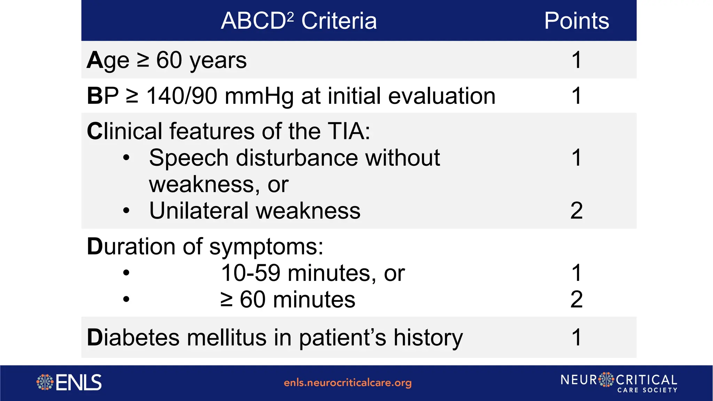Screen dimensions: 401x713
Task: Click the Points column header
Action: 576,21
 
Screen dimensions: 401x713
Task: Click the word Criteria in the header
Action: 339,21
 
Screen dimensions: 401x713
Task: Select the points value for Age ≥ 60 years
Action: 576,60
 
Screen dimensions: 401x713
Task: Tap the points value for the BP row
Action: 576,96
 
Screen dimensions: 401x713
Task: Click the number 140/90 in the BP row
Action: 182,96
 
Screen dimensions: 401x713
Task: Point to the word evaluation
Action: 441,96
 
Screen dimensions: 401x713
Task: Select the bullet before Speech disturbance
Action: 126,158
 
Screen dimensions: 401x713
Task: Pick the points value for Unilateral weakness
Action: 576,211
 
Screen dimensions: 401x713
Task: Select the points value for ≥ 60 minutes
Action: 576,299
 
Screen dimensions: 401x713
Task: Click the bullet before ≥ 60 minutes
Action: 126,299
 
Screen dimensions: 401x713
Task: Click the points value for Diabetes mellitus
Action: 576,337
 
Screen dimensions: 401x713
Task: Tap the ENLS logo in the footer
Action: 69,382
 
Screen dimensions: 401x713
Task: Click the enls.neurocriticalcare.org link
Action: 347,383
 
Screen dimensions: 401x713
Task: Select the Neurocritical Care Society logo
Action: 619,383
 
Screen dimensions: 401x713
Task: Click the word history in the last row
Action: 428,338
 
